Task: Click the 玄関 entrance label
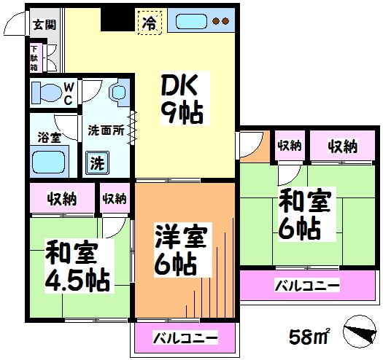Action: [45, 24]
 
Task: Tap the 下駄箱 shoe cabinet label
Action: [34, 58]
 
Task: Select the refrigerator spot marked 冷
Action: [150, 23]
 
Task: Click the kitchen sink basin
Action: [191, 21]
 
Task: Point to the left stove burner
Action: [216, 21]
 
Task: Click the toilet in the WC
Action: [47, 93]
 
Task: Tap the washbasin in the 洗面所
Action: [120, 93]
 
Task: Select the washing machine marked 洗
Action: [98, 163]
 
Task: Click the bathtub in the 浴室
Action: [49, 162]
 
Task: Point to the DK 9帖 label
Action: [182, 98]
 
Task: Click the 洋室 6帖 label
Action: [180, 250]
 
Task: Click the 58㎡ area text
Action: [309, 336]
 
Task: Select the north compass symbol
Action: [360, 332]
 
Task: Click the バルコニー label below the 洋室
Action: [185, 338]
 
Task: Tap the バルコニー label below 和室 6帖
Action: [307, 286]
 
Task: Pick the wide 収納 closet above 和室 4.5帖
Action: [62, 197]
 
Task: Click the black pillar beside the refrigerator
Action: [118, 19]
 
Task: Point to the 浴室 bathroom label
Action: [49, 138]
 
